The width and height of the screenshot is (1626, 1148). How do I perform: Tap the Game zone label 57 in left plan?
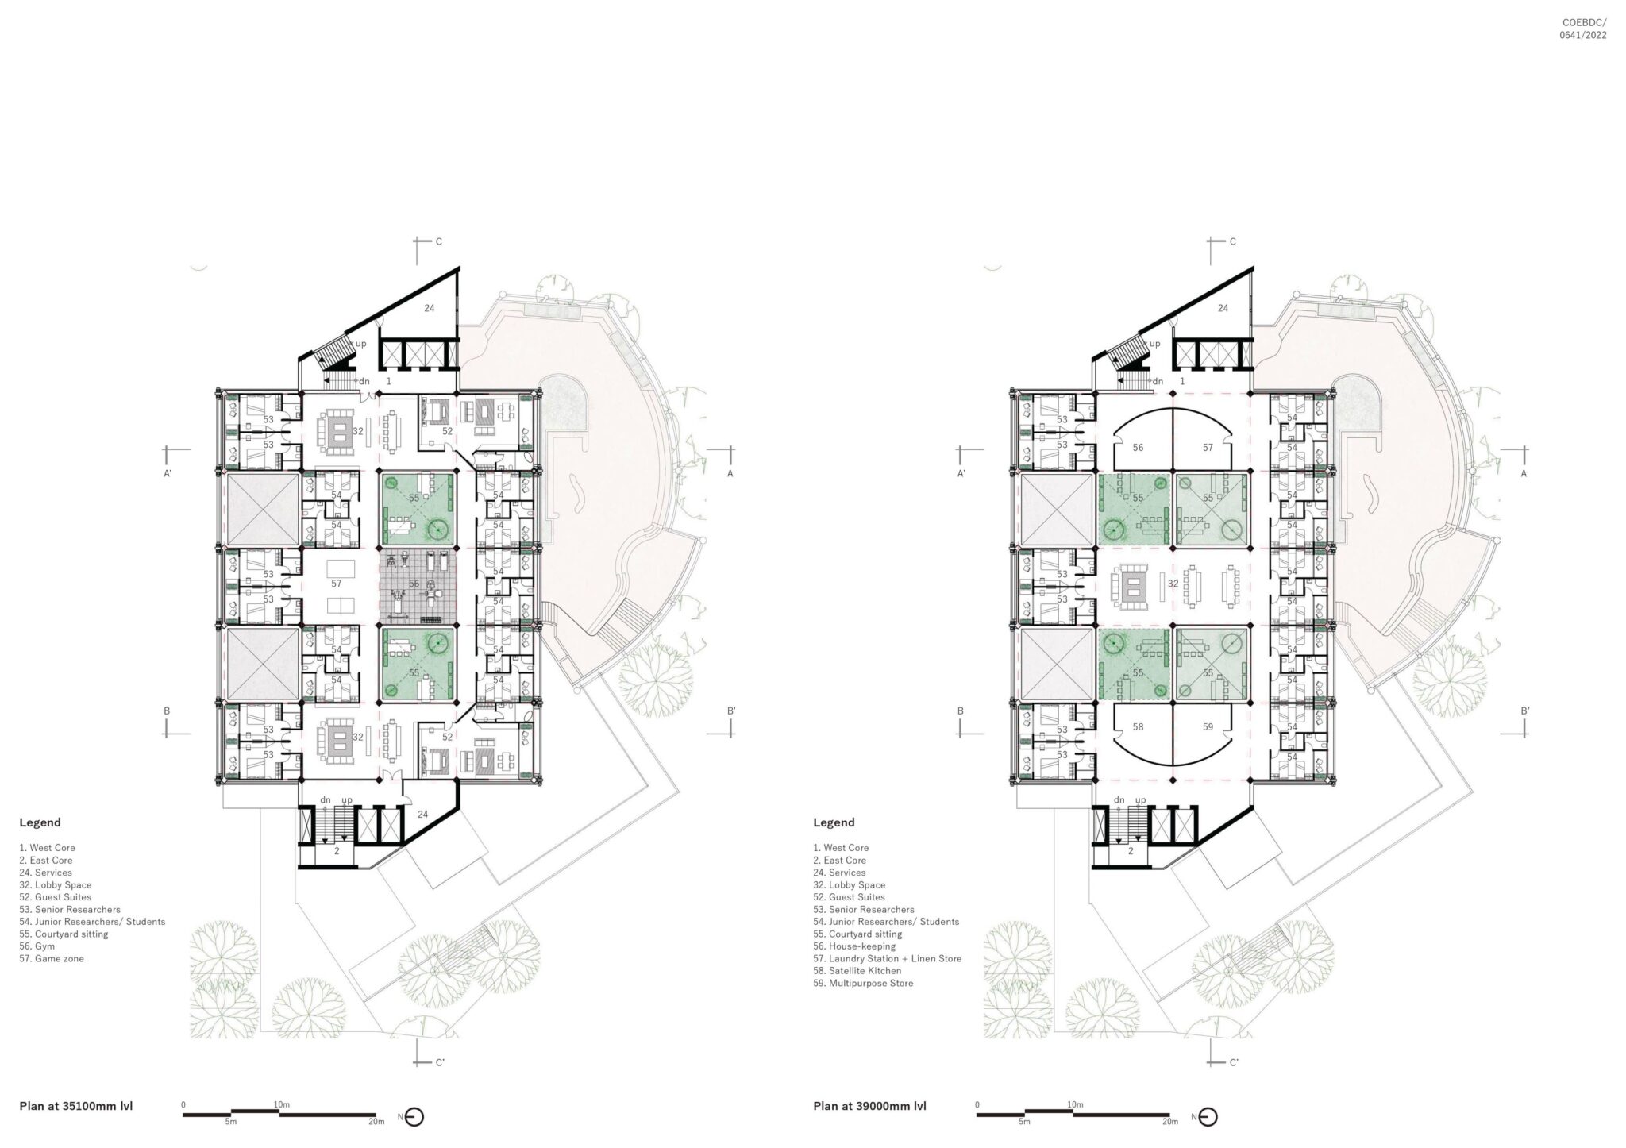point(337,584)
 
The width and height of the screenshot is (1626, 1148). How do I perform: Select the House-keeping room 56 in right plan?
point(1138,448)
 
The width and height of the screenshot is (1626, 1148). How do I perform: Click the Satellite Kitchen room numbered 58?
point(1138,726)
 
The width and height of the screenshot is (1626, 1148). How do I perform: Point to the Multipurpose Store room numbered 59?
point(1208,726)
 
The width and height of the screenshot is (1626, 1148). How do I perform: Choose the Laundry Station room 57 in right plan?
point(1208,448)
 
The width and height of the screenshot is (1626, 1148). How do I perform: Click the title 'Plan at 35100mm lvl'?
point(76,1106)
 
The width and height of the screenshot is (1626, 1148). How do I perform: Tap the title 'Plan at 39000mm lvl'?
point(869,1106)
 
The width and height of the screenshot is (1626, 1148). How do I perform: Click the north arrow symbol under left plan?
point(414,1117)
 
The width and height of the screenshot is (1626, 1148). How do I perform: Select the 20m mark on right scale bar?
point(1169,1122)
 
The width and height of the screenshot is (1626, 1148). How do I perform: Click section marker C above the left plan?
point(438,242)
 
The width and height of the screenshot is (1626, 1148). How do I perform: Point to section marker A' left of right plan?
point(961,473)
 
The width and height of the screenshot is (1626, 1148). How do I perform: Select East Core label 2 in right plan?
point(1131,850)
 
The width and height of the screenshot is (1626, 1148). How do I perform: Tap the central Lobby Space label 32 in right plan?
point(1173,584)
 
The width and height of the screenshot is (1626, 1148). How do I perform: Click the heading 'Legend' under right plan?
point(834,822)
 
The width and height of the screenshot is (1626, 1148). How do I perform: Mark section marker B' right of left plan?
point(730,711)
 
